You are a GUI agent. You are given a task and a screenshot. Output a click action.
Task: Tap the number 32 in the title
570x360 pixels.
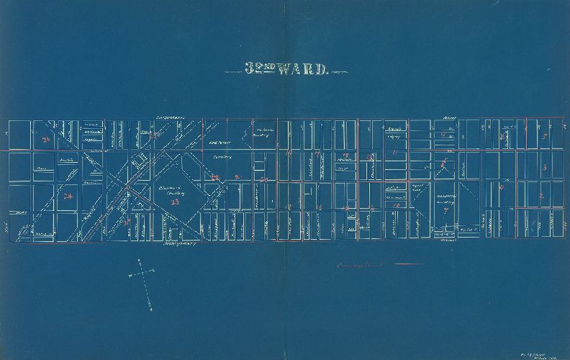253,70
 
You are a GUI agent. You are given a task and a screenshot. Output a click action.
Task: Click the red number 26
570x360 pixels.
47,139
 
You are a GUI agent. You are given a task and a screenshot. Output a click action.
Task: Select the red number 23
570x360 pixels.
174,202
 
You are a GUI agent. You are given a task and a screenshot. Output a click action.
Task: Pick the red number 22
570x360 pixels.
214,176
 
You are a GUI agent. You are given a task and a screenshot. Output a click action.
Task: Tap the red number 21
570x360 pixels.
238,176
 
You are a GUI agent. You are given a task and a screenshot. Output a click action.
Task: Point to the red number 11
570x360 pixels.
395,153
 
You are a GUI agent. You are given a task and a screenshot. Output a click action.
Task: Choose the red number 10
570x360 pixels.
397,205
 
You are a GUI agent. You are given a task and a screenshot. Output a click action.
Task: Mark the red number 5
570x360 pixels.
545,137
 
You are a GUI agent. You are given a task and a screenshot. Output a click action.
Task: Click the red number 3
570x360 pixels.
544,168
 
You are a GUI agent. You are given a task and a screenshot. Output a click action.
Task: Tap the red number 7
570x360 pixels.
446,211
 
